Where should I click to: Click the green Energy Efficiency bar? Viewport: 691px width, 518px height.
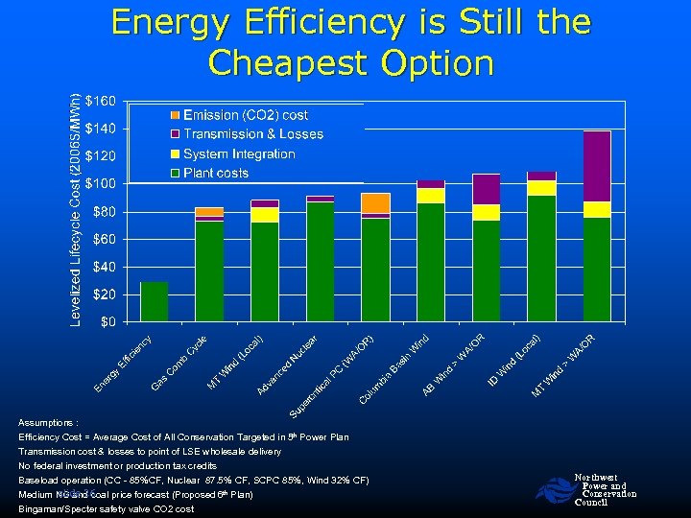tap(154, 301)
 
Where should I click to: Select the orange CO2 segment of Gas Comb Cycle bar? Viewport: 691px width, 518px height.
tap(209, 212)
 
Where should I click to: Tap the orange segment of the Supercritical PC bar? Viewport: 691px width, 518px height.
tap(375, 202)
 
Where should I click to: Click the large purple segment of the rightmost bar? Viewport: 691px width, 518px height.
tap(596, 166)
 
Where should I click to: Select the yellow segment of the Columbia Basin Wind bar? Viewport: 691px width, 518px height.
tap(431, 196)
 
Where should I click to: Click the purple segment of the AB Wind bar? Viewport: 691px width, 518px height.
tap(486, 189)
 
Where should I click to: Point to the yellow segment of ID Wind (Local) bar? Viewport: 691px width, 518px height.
tap(541, 188)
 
